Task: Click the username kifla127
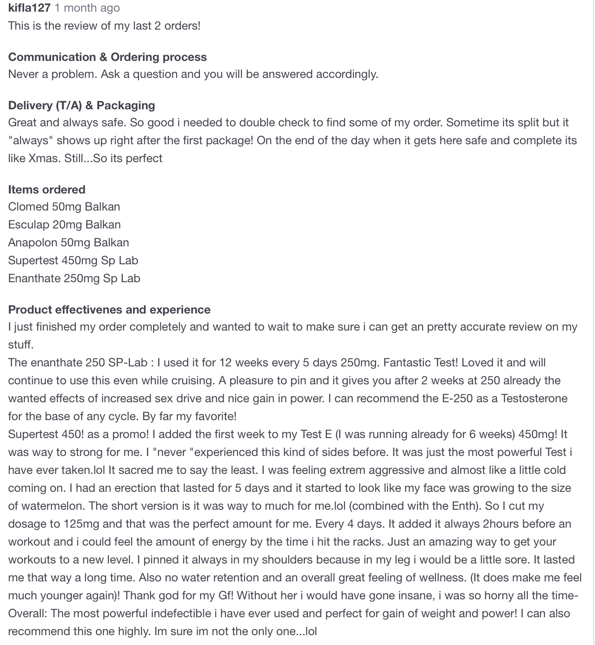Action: pyautogui.click(x=29, y=8)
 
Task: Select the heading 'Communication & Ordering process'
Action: pyautogui.click(x=108, y=57)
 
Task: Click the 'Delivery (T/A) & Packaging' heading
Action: pyautogui.click(x=82, y=105)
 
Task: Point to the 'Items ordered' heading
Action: pyautogui.click(x=47, y=189)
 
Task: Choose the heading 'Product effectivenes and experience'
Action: pyautogui.click(x=109, y=310)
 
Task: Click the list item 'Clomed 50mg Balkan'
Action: pyautogui.click(x=64, y=206)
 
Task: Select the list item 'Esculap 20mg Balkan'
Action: pyautogui.click(x=65, y=224)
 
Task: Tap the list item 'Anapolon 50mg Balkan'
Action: pyautogui.click(x=69, y=242)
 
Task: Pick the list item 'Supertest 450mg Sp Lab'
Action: pyautogui.click(x=73, y=260)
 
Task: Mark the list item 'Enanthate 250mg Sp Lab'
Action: pyautogui.click(x=74, y=278)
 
